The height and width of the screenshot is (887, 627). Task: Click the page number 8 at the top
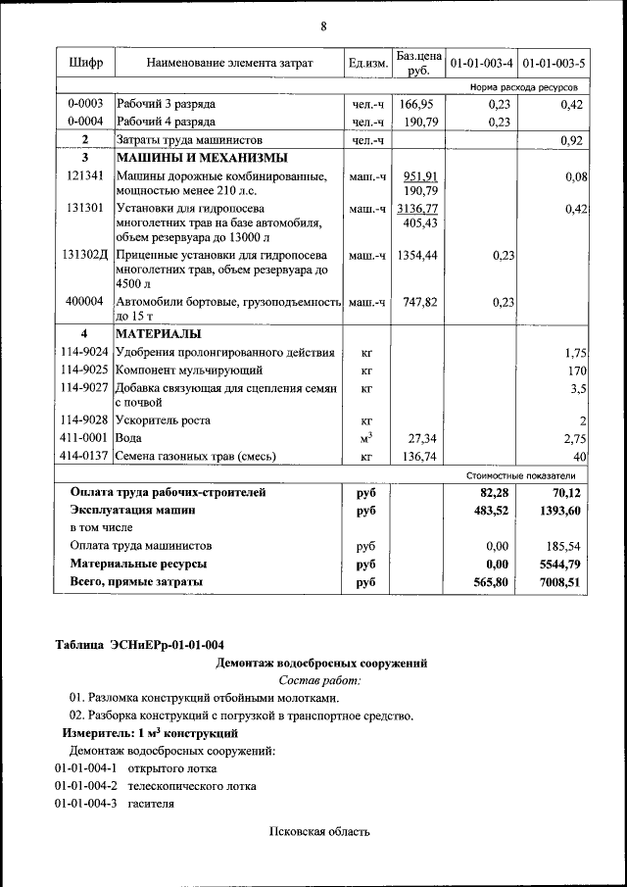[x=323, y=25]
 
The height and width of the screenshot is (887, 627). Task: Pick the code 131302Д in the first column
[x=85, y=255]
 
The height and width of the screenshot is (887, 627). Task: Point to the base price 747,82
[x=420, y=303]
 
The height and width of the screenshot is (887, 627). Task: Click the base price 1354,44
[x=420, y=255]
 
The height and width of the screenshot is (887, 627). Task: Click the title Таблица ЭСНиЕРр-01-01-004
[x=139, y=644]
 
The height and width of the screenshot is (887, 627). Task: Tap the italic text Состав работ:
[x=320, y=680]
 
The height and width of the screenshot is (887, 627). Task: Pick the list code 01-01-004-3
[x=85, y=804]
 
